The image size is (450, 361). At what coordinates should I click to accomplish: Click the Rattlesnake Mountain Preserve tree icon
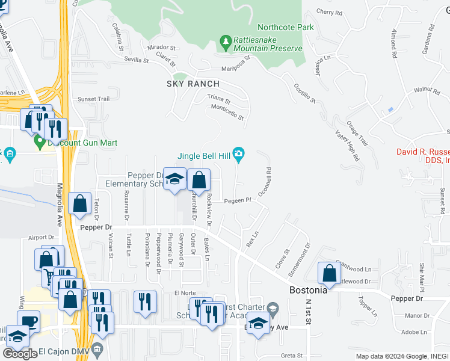(226, 42)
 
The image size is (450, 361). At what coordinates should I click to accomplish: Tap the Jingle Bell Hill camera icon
(239, 155)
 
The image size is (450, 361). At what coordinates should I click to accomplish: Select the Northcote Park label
(277, 27)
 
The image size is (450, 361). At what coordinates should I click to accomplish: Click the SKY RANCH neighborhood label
(193, 84)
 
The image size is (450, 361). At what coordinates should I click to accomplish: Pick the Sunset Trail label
(93, 99)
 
